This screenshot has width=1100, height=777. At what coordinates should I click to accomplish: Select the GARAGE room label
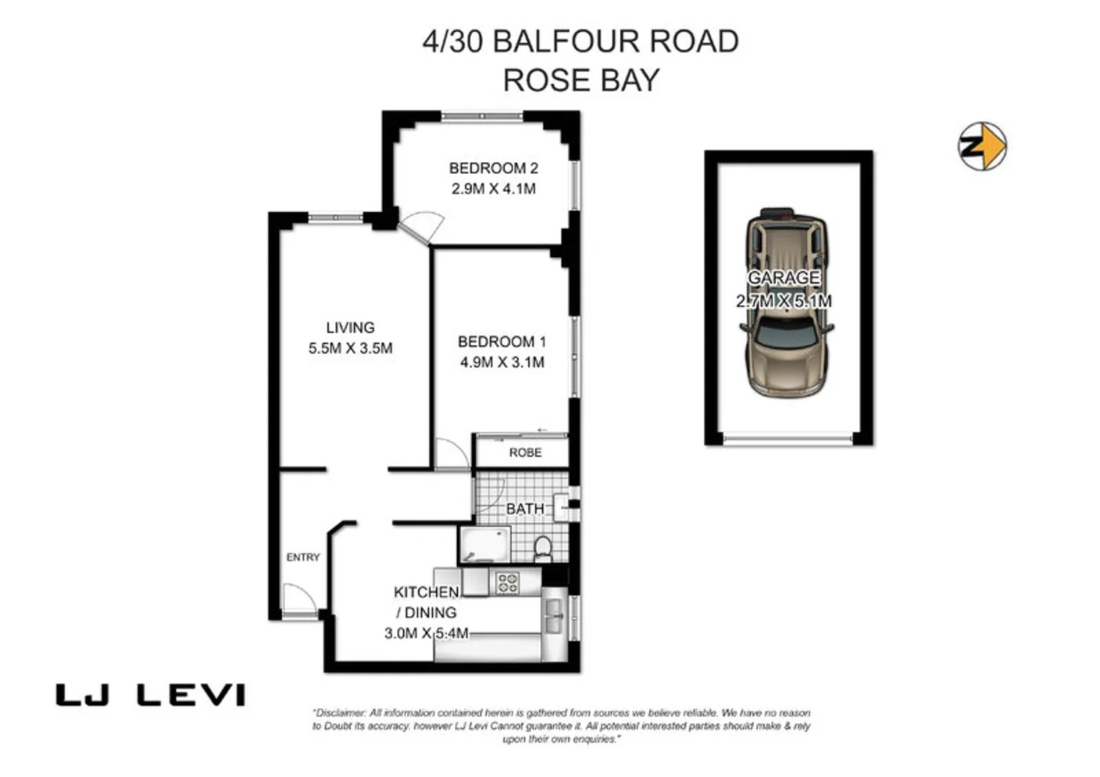click(x=783, y=277)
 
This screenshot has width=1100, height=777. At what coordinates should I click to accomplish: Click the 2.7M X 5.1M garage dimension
click(x=783, y=301)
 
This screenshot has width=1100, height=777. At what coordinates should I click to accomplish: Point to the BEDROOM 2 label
click(x=493, y=168)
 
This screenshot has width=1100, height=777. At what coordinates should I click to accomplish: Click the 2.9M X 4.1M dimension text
click(x=493, y=189)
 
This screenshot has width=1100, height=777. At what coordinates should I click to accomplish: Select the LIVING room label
click(x=350, y=327)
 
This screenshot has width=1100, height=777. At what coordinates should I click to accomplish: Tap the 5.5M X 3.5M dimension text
click(x=350, y=348)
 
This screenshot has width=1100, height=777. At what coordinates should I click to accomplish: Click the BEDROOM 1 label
click(x=502, y=342)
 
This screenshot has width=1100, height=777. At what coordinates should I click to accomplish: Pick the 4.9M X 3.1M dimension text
click(x=502, y=363)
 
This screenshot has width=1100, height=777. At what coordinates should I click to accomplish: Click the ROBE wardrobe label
click(x=525, y=453)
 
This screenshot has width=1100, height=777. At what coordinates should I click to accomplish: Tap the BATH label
click(x=525, y=509)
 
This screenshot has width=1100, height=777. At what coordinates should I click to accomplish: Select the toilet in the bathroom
click(x=542, y=549)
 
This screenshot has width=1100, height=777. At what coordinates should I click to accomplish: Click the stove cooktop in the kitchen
click(x=508, y=582)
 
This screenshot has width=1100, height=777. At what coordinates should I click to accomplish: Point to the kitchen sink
click(x=553, y=617)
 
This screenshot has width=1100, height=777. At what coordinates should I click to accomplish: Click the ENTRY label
click(x=302, y=557)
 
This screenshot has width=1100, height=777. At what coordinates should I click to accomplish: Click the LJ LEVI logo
click(x=150, y=695)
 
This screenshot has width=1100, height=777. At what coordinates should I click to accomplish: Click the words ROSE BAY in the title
click(x=581, y=80)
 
